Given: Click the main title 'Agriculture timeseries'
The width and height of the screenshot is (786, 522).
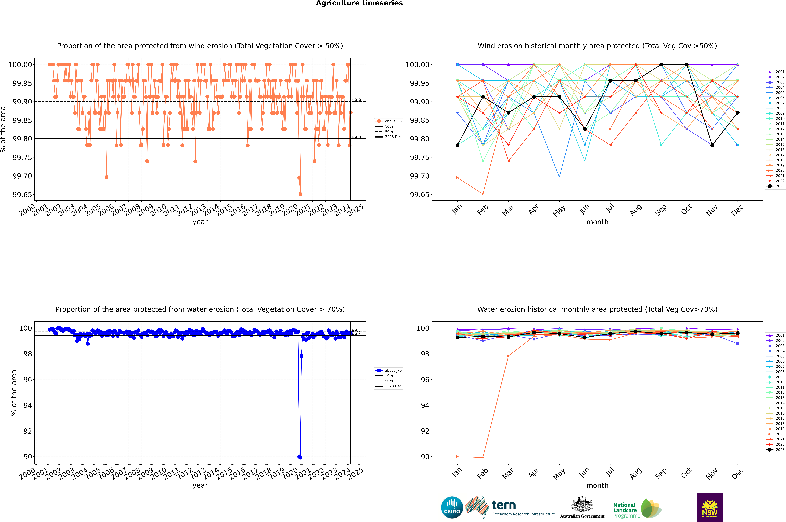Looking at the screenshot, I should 359,3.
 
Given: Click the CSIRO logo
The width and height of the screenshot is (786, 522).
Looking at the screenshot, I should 452,507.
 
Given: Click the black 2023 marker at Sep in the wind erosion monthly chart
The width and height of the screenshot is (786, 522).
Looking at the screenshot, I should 661,65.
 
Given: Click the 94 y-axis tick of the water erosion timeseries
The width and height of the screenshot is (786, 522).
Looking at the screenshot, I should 28,406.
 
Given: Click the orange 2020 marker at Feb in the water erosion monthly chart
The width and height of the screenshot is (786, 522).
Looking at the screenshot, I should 483,457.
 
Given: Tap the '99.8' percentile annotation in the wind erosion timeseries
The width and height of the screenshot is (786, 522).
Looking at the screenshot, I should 356,137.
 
